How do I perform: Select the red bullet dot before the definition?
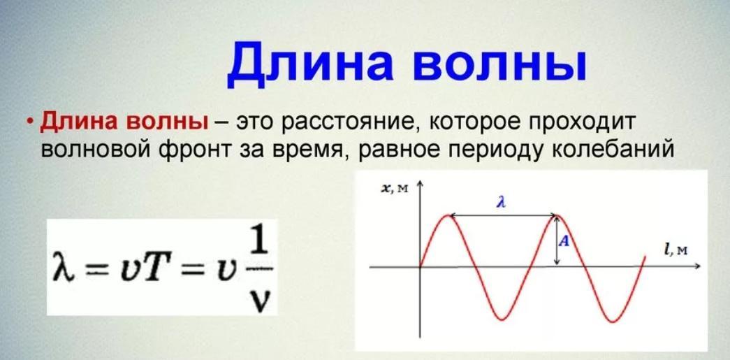[x=30, y=122]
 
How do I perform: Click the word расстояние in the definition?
[x=349, y=123]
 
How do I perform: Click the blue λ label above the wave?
[x=501, y=203]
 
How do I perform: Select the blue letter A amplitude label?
[x=564, y=241]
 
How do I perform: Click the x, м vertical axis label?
[x=395, y=188]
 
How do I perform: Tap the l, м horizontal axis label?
[x=676, y=250]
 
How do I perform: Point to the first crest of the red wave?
[x=448, y=215]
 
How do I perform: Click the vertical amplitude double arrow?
[x=557, y=240]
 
